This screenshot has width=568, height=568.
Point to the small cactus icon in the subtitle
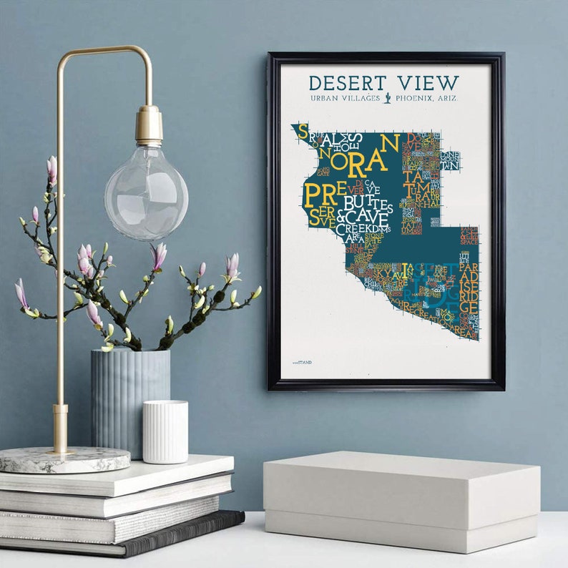387,98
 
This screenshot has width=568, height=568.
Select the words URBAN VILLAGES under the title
346,98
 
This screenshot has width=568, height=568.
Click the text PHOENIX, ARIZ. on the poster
426,98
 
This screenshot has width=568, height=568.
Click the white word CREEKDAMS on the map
364,230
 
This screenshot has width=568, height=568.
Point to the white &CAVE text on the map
363,217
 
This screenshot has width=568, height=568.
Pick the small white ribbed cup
165,431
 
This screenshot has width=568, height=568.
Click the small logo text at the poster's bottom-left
302,363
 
